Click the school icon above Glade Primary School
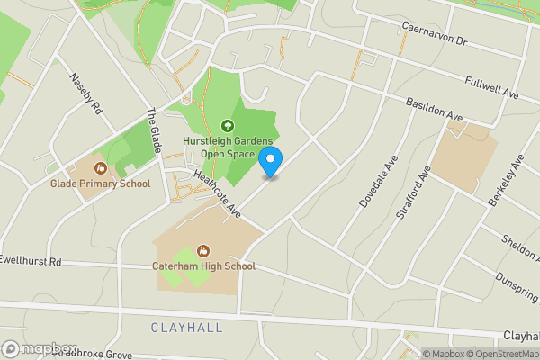[x=100, y=166]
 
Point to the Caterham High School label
[x=203, y=266]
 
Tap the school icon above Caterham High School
[x=203, y=249]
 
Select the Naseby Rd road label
[x=87, y=91]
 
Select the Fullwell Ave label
[x=493, y=87]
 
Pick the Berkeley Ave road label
[x=505, y=185]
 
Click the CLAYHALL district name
[x=186, y=328]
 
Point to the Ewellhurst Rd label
[x=31, y=261]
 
